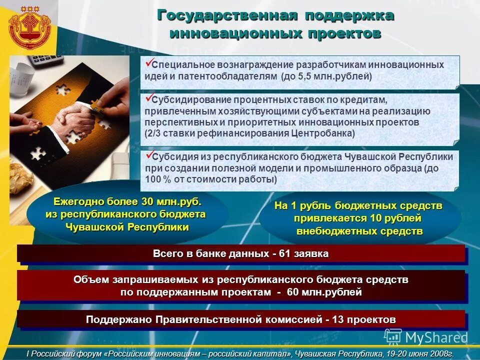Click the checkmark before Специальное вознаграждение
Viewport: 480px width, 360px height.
(148, 62)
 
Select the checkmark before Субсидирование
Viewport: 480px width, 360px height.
(148, 97)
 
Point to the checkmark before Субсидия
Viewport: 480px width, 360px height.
(148, 154)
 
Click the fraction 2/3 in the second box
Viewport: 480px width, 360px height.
(153, 133)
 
